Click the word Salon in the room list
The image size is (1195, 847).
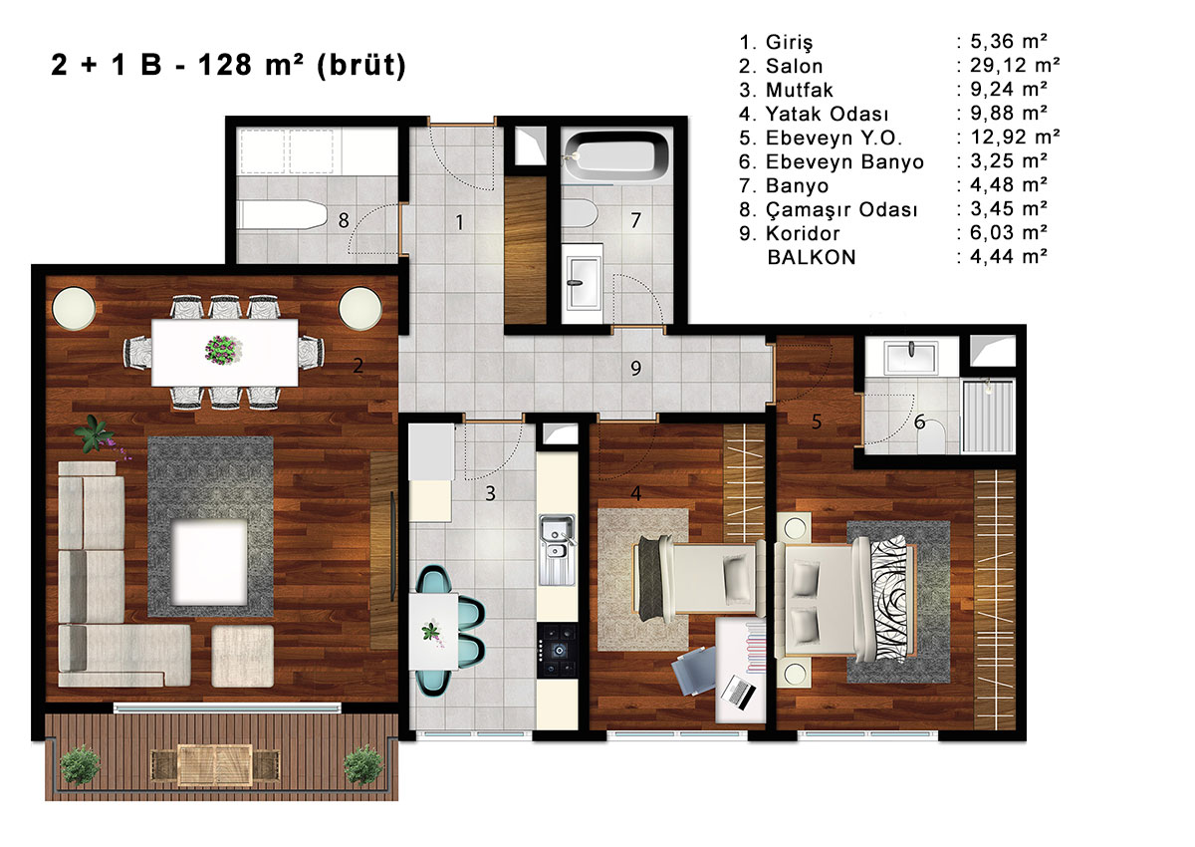tap(794, 66)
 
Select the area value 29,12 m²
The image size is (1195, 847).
tap(1015, 65)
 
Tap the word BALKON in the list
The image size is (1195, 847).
tap(812, 257)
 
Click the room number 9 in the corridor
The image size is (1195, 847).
tap(635, 368)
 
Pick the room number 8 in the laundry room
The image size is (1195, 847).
tap(344, 220)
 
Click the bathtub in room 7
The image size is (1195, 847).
tap(616, 155)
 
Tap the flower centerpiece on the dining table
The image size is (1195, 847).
tap(223, 350)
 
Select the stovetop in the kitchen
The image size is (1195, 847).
tap(558, 651)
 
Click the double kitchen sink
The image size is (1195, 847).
tap(557, 549)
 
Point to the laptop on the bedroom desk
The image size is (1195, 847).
tap(738, 693)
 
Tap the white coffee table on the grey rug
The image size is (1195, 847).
tap(210, 562)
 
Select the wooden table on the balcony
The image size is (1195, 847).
tap(215, 765)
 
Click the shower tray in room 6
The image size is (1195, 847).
tap(988, 417)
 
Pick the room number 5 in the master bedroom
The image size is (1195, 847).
tap(817, 422)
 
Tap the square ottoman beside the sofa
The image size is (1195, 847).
tap(243, 656)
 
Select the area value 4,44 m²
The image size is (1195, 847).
tap(1009, 257)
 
